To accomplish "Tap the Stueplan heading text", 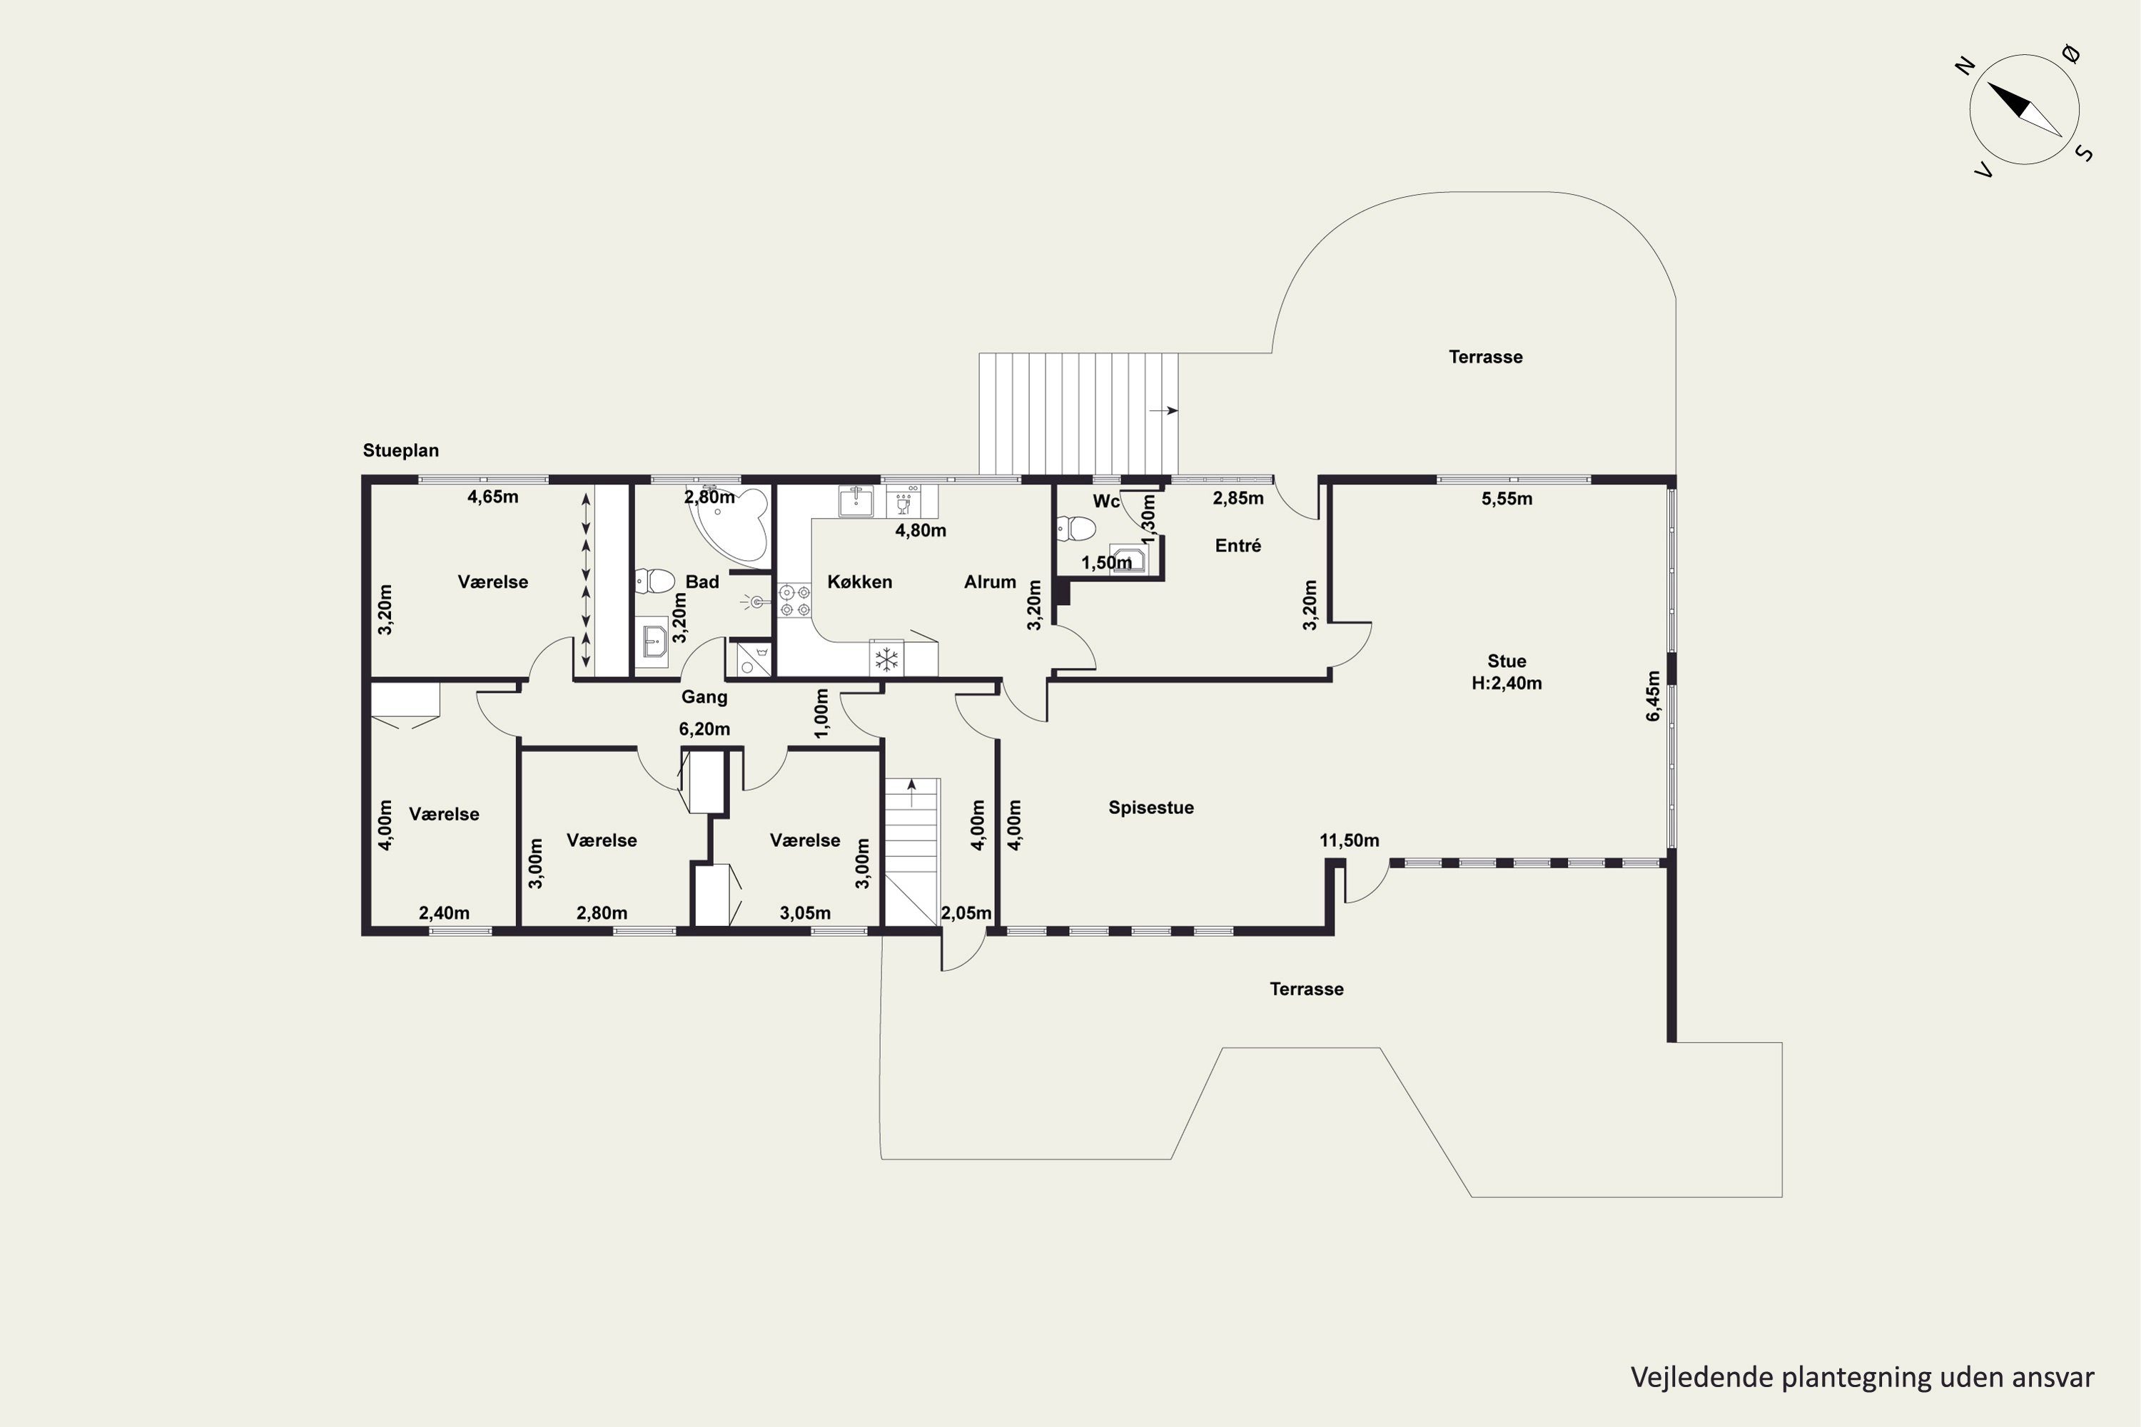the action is coord(400,450).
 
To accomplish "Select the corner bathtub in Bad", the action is coord(730,522).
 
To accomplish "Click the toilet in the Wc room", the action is coord(1077,528).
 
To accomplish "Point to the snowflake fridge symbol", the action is coord(886,659).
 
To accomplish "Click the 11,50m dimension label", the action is coord(1349,840).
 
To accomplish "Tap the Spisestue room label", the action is coord(1150,807).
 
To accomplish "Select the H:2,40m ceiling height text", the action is coord(1507,684).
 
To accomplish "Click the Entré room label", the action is coord(1238,545).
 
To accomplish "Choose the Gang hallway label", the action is coord(704,697).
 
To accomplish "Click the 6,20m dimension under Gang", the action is coord(704,729).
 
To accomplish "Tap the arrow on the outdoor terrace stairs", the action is coord(1163,410).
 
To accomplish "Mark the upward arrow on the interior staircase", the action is coord(911,792).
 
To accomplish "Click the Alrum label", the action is coord(989,582).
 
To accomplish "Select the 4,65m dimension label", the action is coord(492,497).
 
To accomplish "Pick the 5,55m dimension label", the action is coord(1507,499).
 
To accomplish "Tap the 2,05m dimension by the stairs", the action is coord(966,913).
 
